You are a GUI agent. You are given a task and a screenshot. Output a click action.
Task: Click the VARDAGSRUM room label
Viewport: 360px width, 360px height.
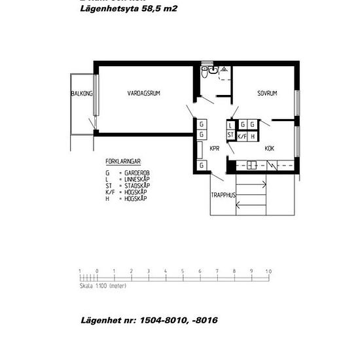[143, 94]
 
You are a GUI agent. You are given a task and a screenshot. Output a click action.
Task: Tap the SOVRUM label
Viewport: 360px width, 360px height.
[267, 94]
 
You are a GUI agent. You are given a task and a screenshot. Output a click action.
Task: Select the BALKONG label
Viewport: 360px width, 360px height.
[82, 94]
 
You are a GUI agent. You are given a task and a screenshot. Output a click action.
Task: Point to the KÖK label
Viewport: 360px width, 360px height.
[269, 149]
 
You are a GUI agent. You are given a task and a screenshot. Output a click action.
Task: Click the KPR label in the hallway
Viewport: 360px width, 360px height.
[214, 149]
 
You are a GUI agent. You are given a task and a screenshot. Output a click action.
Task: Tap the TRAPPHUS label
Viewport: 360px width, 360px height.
[223, 195]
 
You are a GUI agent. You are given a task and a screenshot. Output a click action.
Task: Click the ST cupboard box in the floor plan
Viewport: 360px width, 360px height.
[230, 135]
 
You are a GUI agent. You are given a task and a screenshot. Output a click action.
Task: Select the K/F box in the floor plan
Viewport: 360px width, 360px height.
[242, 135]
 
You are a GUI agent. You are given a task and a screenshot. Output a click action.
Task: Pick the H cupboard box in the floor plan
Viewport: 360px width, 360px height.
[253, 135]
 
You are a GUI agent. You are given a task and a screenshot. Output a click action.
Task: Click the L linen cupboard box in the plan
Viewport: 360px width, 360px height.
[230, 124]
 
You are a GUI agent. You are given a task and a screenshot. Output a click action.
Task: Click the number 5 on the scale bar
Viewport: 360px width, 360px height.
[182, 271]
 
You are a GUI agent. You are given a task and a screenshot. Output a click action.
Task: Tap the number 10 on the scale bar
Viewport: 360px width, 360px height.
[268, 271]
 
